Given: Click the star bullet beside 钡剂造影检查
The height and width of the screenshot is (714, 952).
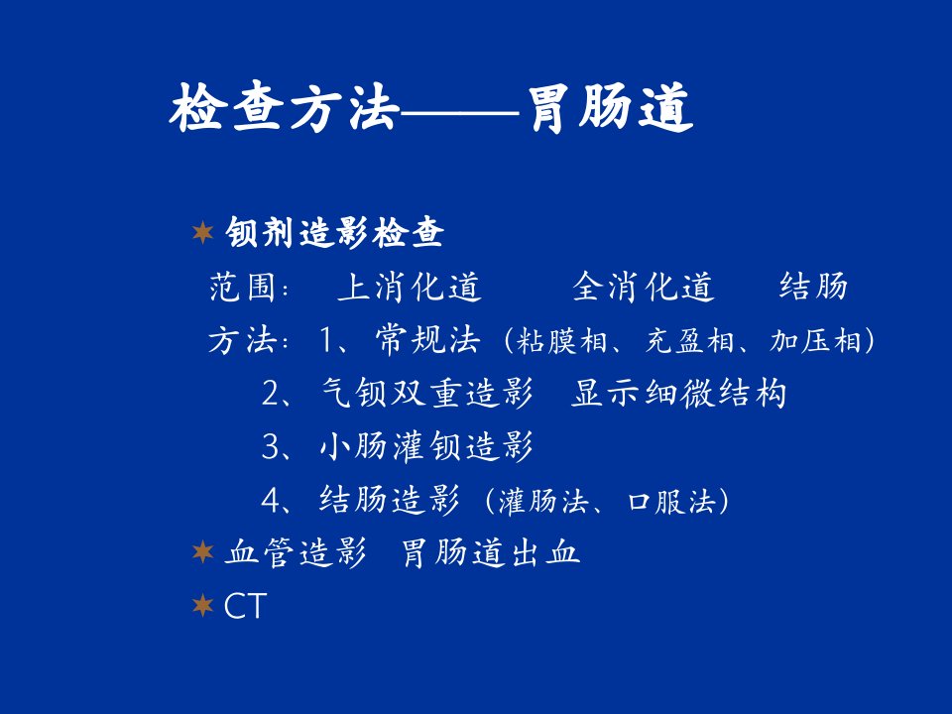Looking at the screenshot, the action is [x=202, y=232].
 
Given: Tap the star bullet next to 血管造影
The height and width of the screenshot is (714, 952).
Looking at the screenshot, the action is [x=202, y=552].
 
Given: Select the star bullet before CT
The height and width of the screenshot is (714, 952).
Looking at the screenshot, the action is [x=202, y=605].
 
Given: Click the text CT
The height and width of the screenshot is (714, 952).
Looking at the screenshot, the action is [x=245, y=606].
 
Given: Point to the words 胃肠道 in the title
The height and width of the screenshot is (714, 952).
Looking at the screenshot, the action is [x=612, y=109].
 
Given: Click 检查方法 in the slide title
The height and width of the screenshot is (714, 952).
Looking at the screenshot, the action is [x=285, y=109].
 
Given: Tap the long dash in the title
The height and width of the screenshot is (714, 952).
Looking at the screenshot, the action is [x=459, y=113].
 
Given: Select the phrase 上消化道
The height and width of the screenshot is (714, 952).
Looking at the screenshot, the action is [x=410, y=287].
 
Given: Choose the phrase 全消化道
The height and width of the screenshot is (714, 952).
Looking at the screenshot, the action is [x=644, y=287].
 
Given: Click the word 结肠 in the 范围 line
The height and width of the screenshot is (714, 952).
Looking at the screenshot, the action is [x=813, y=287].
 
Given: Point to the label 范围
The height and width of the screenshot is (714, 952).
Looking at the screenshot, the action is [x=242, y=287].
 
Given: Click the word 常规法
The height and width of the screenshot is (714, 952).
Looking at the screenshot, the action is [x=428, y=339].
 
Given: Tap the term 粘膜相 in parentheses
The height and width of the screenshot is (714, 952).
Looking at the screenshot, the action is [x=561, y=340].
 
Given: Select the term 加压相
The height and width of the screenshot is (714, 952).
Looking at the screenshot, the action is [x=815, y=340].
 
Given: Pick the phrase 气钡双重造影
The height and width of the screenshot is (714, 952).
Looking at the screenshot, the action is [x=427, y=393].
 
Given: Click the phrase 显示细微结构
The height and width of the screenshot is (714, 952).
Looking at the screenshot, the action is [x=678, y=393].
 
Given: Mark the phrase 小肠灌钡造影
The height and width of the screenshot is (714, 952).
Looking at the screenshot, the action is [x=427, y=445].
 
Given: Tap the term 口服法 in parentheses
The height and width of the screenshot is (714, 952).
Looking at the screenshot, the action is [x=671, y=502].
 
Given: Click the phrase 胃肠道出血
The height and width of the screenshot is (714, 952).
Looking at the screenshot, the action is [x=491, y=552].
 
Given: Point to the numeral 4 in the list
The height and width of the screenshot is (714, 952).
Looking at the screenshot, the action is [x=270, y=500].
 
